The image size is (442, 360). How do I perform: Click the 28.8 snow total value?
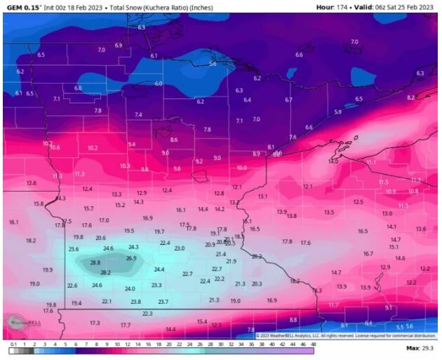coord(95,262)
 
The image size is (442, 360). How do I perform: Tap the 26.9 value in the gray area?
coord(131,258)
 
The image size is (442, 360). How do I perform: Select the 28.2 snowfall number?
coord(106,272)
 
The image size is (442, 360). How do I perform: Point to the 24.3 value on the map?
coord(133,247)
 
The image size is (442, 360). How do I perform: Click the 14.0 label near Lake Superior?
coord(333,161)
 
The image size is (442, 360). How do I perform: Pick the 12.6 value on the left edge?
coord(32,182)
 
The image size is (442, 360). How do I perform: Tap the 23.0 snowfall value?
coord(180,248)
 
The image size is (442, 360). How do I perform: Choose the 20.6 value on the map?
coord(100,238)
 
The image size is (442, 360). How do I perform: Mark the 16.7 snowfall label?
coord(368,253)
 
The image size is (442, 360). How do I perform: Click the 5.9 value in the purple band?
coord(337,112)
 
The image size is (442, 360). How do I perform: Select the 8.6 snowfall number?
coord(174,140)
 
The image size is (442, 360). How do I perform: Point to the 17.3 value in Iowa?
coord(95,323)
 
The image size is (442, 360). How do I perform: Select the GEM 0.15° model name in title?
coord(21,7)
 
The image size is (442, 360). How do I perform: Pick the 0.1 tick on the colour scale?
coord(13,345)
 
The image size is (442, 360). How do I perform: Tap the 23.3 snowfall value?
coord(156,285)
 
